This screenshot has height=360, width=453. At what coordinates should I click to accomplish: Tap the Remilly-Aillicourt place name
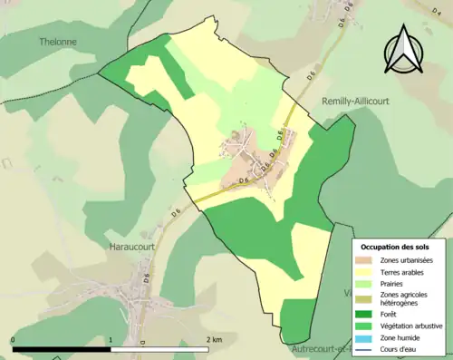pyautogui.click(x=356, y=102)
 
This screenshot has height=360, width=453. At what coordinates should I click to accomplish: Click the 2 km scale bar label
pyautogui.click(x=214, y=340)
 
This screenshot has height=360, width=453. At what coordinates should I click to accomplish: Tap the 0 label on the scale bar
pyautogui.click(x=13, y=340)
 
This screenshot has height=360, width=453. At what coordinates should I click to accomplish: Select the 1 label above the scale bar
pyautogui.click(x=111, y=340)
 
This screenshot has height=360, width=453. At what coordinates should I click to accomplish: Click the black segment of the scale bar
pyautogui.click(x=62, y=349)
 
